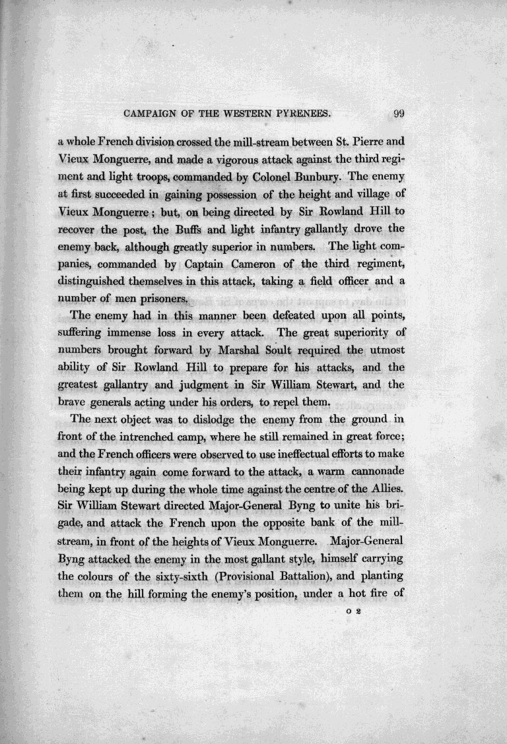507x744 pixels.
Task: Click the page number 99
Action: [x=380, y=113]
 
